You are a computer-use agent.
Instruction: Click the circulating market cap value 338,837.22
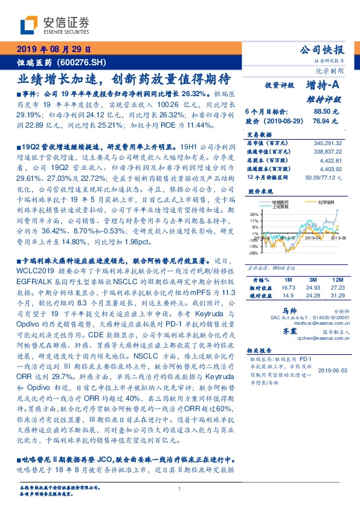[330, 152]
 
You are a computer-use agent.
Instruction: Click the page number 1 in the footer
[180, 489]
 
